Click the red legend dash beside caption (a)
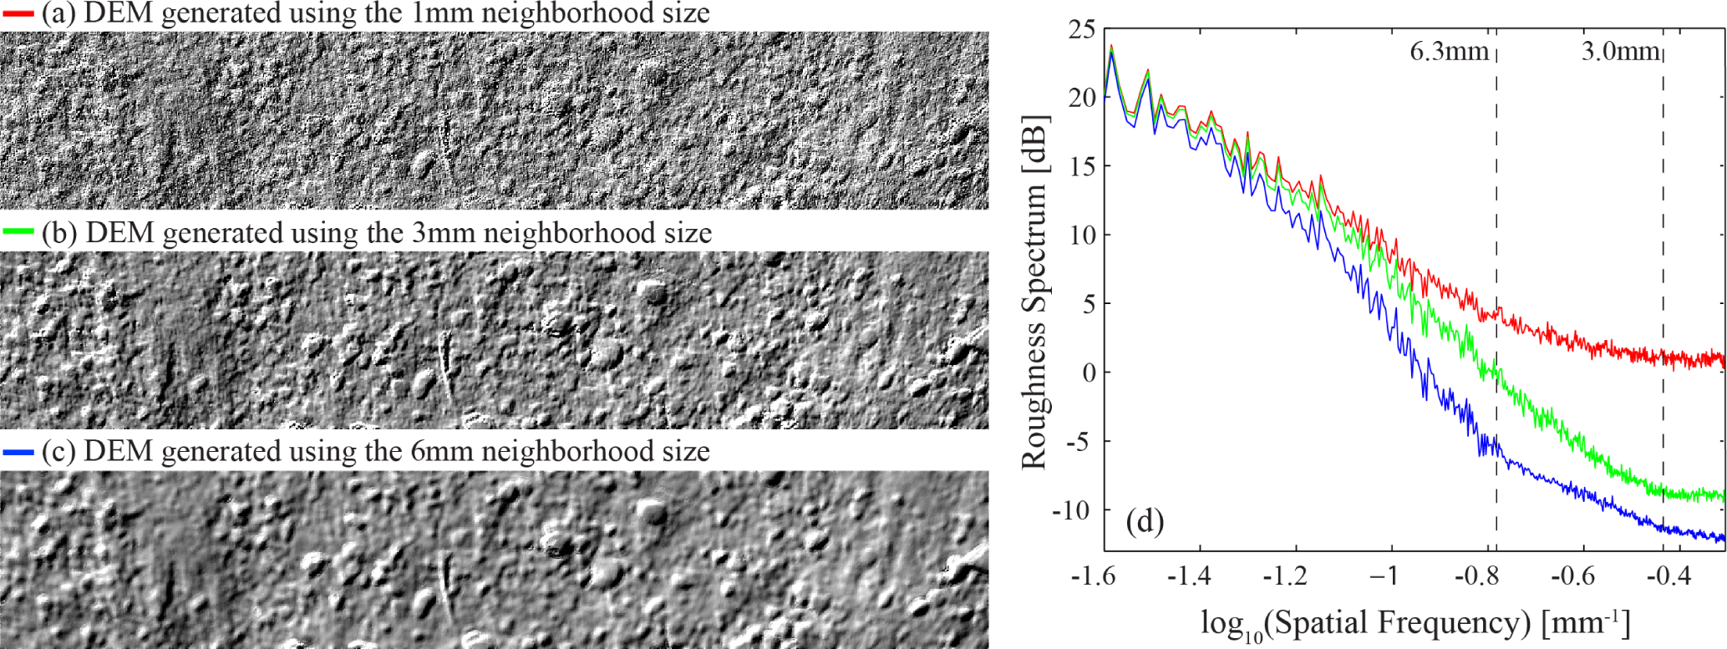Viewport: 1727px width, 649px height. [18, 14]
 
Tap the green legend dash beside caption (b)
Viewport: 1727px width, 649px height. [18, 231]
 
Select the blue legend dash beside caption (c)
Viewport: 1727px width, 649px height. [18, 452]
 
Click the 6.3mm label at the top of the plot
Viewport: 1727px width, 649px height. [1449, 52]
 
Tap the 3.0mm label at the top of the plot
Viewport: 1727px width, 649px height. [1619, 52]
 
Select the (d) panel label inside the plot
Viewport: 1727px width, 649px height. [1145, 522]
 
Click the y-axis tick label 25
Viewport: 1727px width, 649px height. [1081, 29]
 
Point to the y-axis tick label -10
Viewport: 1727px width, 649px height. [1073, 510]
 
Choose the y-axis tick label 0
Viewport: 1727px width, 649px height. [1089, 373]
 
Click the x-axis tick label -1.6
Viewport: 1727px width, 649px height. [1094, 576]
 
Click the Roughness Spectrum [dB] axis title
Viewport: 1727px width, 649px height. [1034, 292]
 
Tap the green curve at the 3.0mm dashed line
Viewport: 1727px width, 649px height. [1663, 493]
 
